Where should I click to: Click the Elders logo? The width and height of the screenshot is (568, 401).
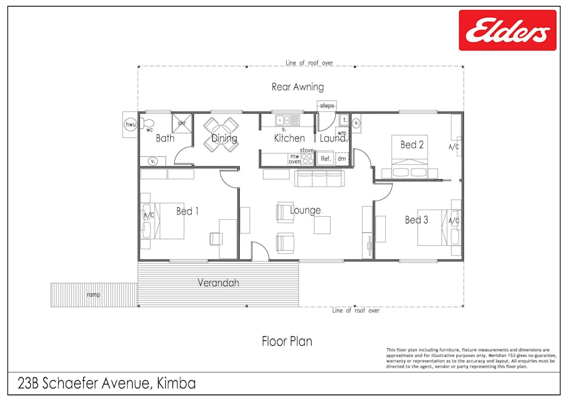tap(507, 30)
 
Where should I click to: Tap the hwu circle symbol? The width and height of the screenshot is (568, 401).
tap(130, 125)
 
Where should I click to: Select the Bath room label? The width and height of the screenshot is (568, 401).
tap(165, 138)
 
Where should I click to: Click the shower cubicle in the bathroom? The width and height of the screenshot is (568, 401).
tap(181, 124)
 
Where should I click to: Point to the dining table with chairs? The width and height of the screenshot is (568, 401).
tap(221, 134)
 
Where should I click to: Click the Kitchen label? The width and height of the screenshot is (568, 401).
tap(290, 138)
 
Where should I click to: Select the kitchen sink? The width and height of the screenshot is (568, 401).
tap(287, 120)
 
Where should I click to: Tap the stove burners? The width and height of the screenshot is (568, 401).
tap(307, 159)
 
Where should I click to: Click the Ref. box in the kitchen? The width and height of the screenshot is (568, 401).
tap(326, 159)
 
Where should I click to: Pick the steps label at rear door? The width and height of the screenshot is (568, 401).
tap(327, 106)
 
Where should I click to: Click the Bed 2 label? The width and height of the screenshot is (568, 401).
tap(412, 145)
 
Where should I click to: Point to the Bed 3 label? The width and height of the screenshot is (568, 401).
tap(416, 220)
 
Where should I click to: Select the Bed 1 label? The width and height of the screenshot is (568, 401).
tap(187, 211)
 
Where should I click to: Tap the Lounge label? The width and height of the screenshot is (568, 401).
tap(305, 210)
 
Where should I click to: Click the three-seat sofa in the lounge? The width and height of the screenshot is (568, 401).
tap(319, 179)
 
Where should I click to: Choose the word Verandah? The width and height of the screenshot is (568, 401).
tap(218, 283)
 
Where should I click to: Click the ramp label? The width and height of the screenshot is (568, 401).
tap(93, 295)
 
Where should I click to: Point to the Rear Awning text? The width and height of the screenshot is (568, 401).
tap(298, 87)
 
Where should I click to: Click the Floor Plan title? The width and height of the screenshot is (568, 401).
tap(287, 341)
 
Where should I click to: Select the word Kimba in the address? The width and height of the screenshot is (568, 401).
tap(176, 383)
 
